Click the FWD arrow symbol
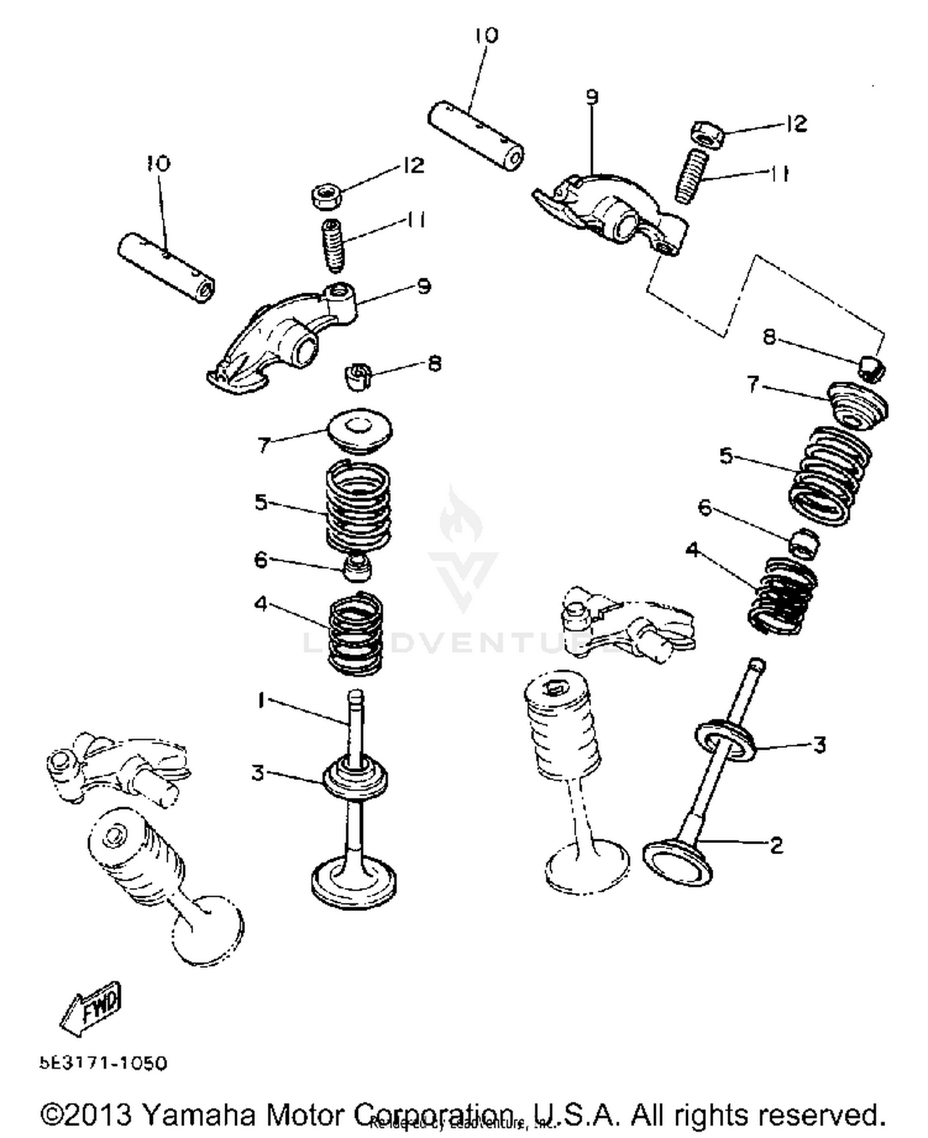coord(91,1008)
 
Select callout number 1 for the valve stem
coord(261,700)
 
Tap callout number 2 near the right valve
coord(776,844)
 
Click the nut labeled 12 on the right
coord(707,134)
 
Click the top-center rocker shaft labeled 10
coord(476,137)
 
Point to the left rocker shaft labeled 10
coord(166,267)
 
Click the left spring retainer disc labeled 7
coord(359,430)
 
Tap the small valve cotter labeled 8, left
coord(356,377)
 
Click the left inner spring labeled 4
coord(356,634)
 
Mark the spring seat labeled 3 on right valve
coord(725,739)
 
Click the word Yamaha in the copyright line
coord(199,1114)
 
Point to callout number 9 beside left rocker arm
coord(423,286)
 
